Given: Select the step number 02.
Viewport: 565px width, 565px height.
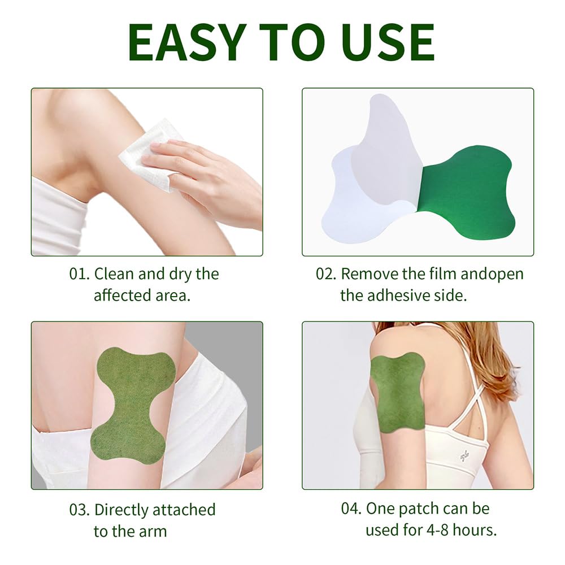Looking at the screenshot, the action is coord(326,274).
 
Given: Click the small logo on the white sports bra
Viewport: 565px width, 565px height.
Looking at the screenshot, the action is coord(464,456).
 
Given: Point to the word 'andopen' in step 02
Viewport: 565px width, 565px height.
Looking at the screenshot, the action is coord(492,274).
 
